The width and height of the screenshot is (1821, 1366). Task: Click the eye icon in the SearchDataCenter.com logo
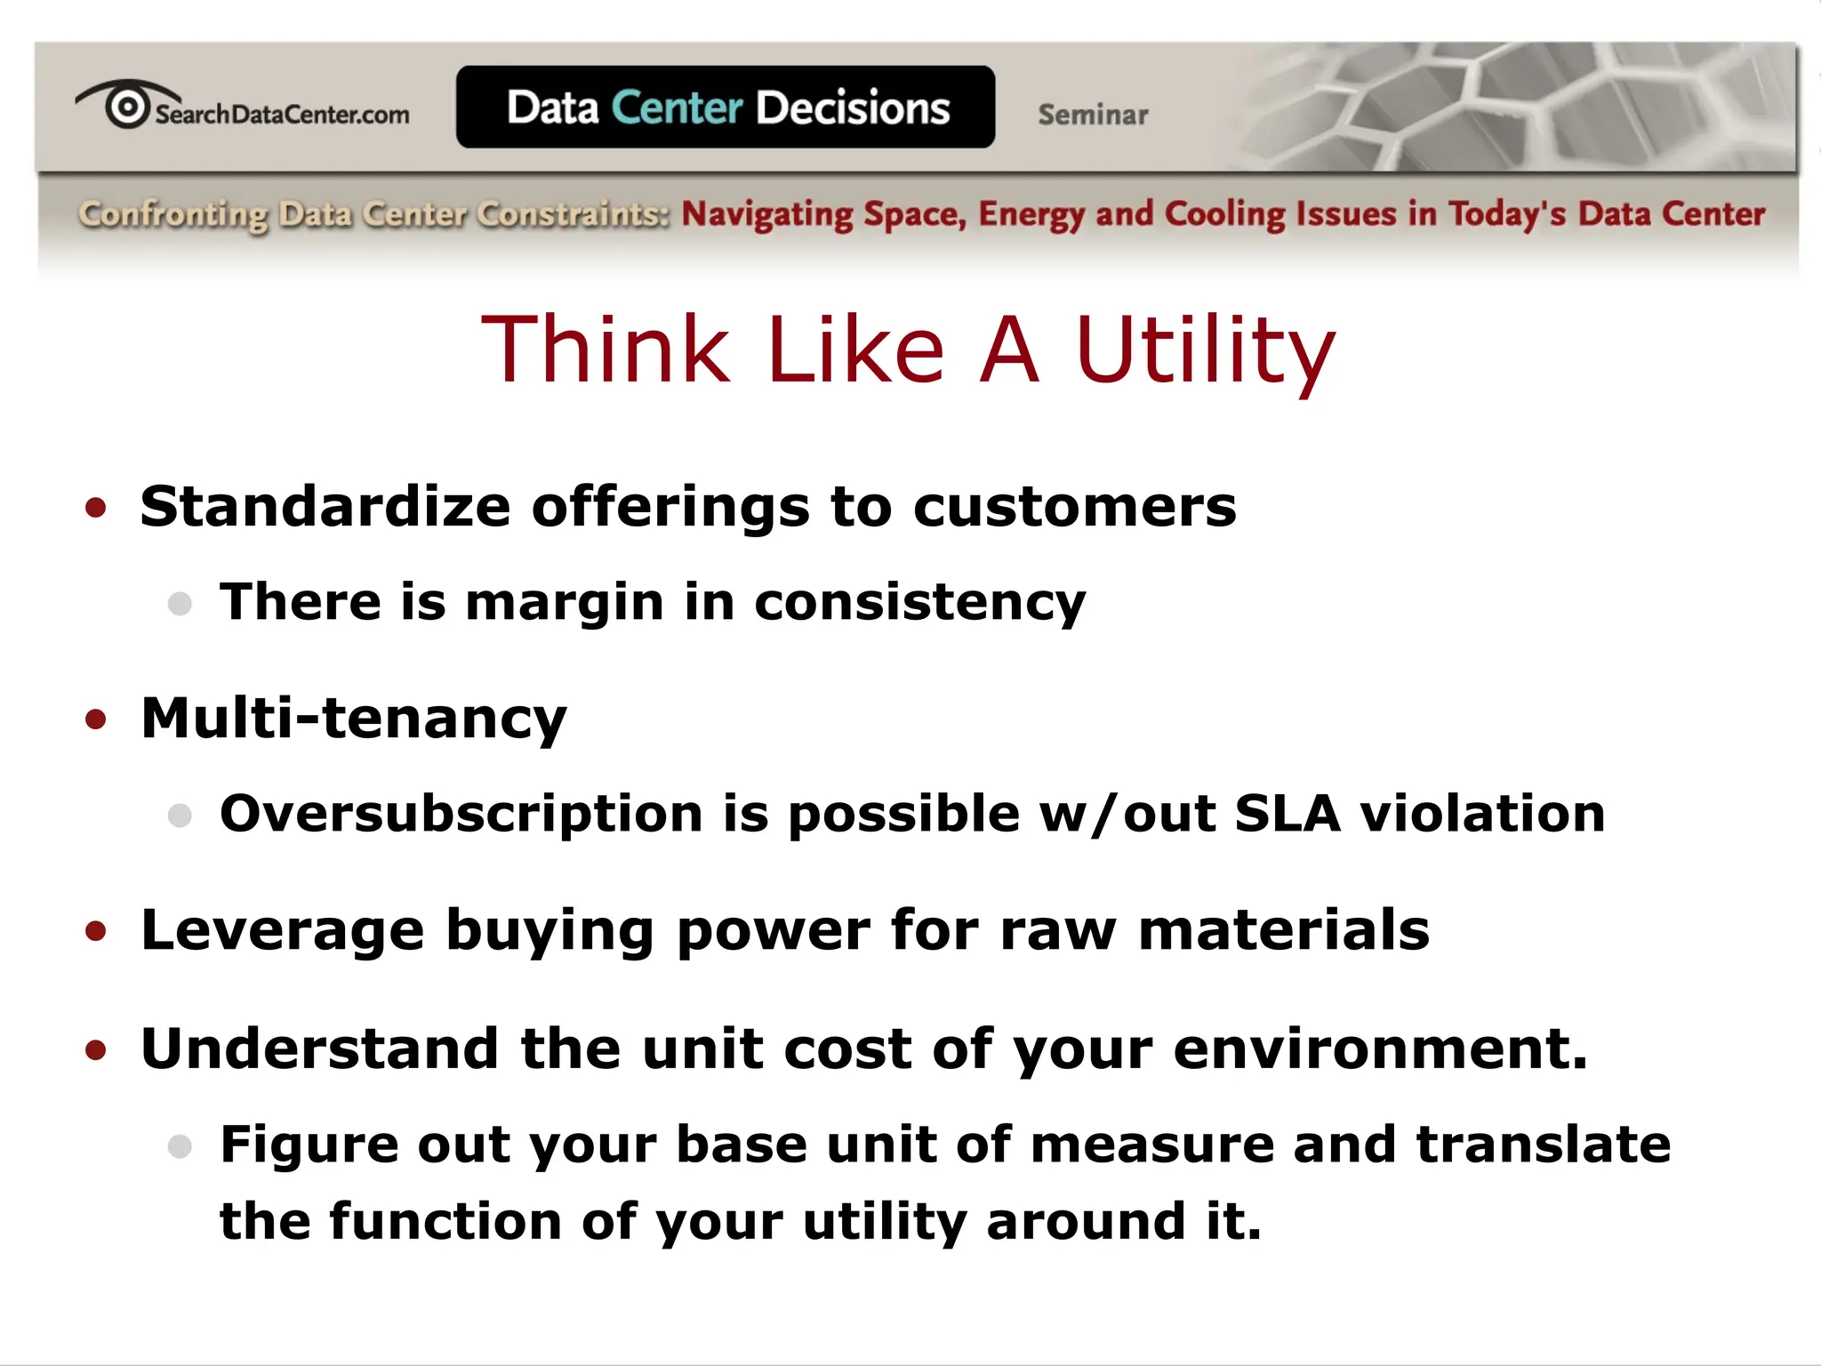pos(127,107)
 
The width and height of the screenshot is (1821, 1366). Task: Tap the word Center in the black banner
pos(677,108)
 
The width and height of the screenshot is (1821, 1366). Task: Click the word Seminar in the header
pos(1093,115)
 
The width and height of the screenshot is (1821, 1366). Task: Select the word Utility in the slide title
pos(1205,350)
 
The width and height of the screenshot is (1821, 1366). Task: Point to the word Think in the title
pos(605,350)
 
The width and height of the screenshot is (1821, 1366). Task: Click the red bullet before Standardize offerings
pos(96,508)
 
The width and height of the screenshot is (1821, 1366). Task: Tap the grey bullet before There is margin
pos(180,604)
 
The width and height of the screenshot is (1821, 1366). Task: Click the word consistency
pos(919,604)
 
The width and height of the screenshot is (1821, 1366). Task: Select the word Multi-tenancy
pos(354,719)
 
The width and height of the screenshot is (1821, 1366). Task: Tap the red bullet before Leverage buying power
pos(96,931)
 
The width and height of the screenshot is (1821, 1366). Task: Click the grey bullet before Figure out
pos(180,1145)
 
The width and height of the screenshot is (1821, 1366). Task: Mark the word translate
pos(1543,1145)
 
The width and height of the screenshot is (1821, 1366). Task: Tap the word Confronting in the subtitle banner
pos(173,214)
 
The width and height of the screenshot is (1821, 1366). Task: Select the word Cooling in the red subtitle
pos(1224,214)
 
